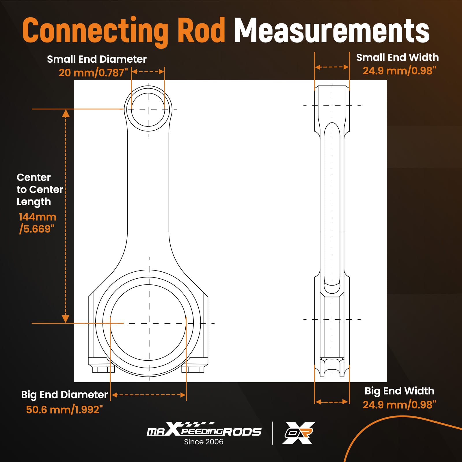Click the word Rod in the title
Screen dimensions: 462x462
pos(201,30)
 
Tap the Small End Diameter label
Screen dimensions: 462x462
pos(97,59)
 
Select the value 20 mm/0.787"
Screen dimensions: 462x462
pos(93,73)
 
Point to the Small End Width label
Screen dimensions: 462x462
pos(397,57)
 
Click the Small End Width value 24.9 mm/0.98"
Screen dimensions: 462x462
pos(399,71)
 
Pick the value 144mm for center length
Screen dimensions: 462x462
pos(37,217)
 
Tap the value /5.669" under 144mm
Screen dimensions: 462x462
pos(36,229)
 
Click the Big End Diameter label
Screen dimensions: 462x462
pos(64,395)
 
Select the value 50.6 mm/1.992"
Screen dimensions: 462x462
pos(64,409)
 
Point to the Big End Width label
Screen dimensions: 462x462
pos(399,391)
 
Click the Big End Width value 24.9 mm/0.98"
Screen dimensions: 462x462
pos(399,405)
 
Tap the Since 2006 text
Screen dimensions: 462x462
pos(204,442)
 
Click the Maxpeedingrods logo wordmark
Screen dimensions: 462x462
pos(204,430)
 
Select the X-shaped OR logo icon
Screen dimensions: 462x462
pos(298,433)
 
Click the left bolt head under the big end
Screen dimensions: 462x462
pos(103,369)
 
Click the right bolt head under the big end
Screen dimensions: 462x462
pos(193,369)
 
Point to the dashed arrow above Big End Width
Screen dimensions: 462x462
pos(332,402)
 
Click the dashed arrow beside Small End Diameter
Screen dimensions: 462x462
pos(148,72)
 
